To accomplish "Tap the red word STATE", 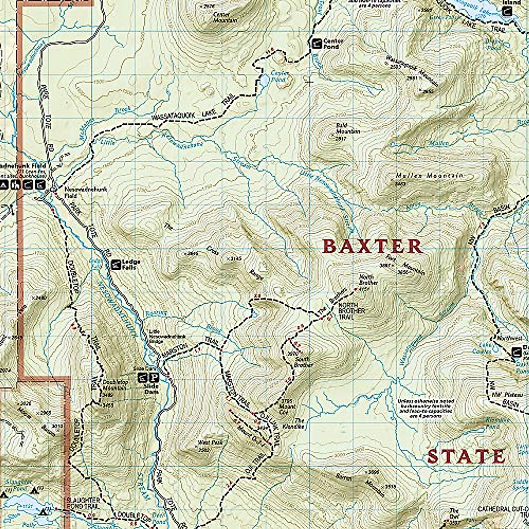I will [466, 457].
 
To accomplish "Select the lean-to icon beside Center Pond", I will [317, 43].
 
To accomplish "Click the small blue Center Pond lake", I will [264, 81].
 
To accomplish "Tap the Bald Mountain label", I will [348, 129].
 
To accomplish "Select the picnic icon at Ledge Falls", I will [115, 264].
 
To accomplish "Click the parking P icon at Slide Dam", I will [154, 378].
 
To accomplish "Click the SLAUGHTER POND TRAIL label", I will [82, 503].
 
